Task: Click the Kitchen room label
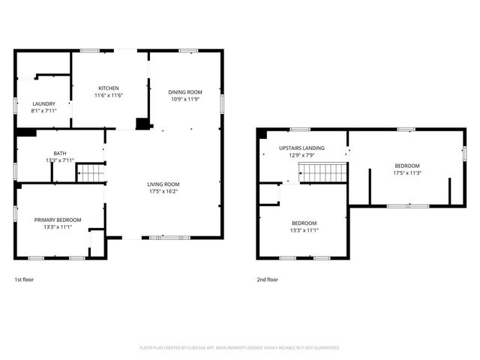point(108,88)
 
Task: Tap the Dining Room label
point(185,91)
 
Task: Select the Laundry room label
point(44,103)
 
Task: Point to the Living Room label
point(162,184)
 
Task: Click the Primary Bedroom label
point(58,220)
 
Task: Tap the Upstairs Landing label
point(301,148)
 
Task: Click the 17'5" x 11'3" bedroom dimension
point(406,172)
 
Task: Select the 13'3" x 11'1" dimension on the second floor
point(304,230)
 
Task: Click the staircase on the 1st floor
point(90,173)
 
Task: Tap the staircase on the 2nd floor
point(323,173)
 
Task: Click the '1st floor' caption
point(24,280)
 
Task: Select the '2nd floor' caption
point(268,280)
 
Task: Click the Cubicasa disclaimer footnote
point(240,348)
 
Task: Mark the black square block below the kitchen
point(141,124)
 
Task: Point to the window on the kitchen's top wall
point(91,51)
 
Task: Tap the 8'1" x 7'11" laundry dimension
point(44,110)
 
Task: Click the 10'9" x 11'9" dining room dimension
point(185,98)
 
